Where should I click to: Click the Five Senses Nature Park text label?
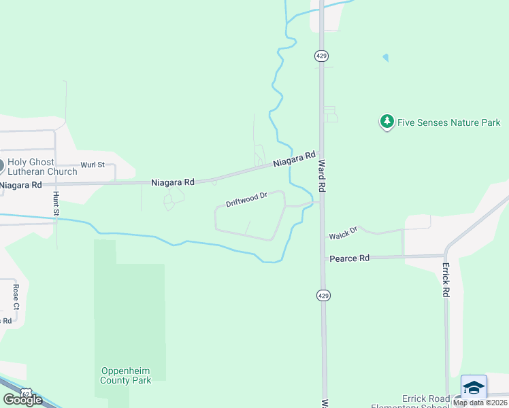coord(448,122)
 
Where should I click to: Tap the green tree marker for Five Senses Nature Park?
coord(387,122)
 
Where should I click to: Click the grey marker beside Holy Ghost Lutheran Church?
coord(1,165)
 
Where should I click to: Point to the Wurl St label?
coord(93,165)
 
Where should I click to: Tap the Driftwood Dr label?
coord(246,199)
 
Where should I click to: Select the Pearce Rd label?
coord(349,258)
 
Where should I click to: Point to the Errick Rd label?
coord(446,279)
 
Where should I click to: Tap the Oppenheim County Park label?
coord(126,375)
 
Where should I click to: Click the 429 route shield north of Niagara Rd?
coord(322,56)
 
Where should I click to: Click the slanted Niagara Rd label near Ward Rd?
coord(295,160)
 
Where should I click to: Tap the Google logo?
coord(22,400)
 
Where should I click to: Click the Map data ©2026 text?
coord(480,403)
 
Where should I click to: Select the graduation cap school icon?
coord(474,387)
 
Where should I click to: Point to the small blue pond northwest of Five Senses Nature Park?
coord(386,58)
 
